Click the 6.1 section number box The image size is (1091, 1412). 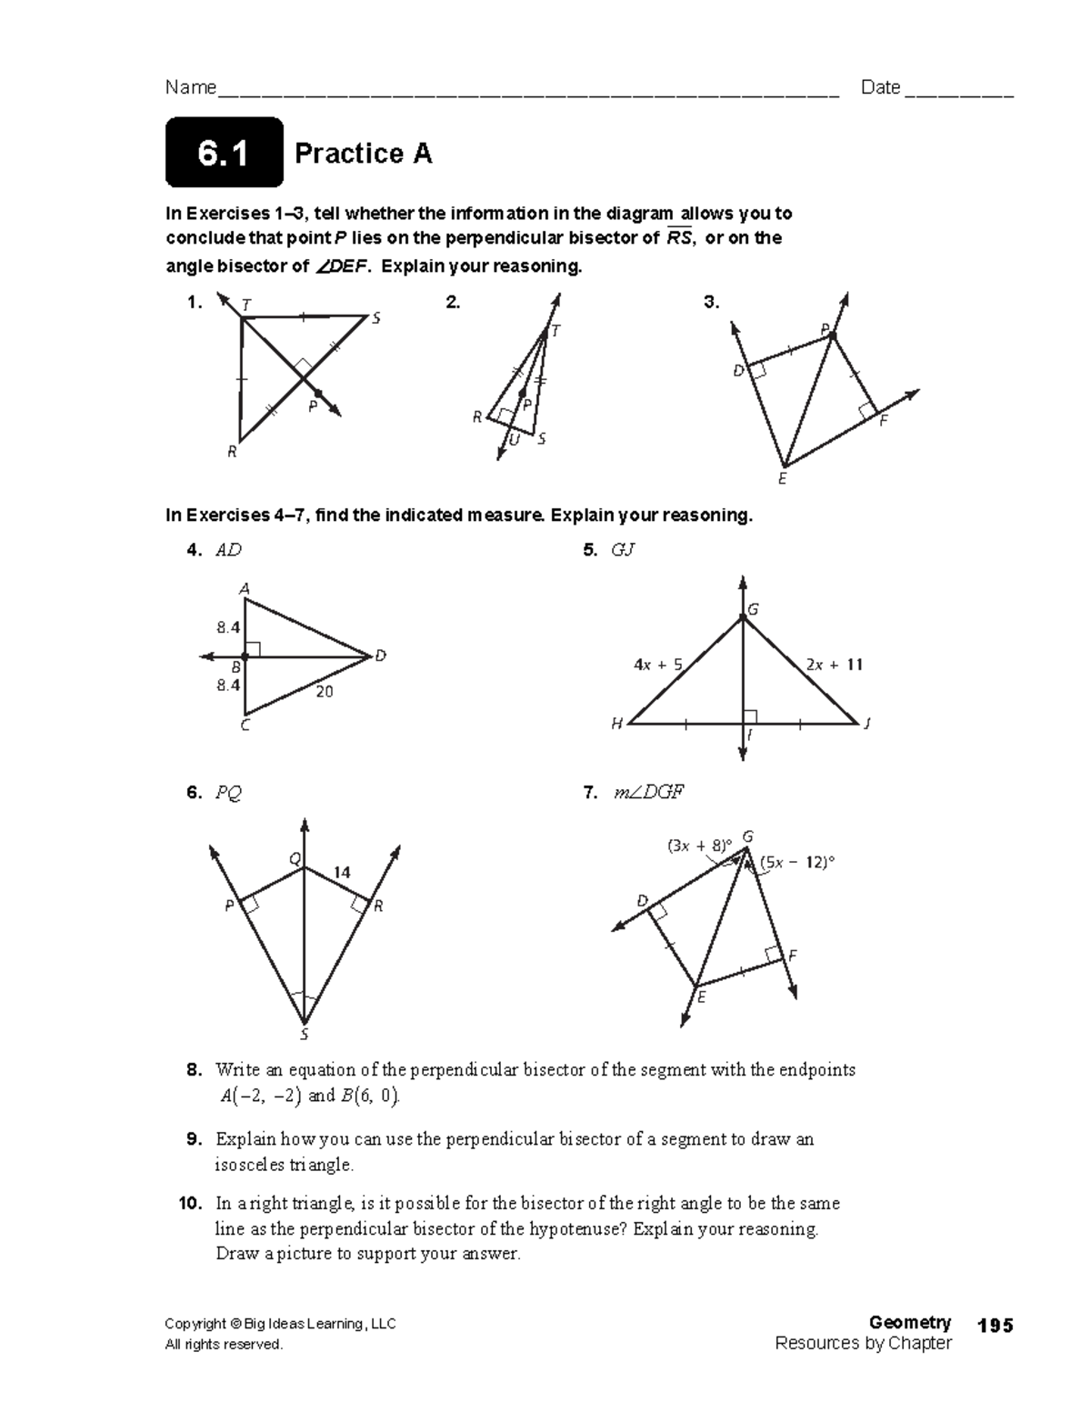[224, 153]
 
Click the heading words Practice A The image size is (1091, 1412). [363, 154]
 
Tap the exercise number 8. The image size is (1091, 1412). [194, 1069]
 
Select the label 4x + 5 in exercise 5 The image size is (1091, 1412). [657, 665]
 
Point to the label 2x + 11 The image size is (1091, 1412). [834, 665]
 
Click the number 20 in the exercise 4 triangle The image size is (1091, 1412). [325, 692]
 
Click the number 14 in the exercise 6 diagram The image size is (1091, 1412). [342, 872]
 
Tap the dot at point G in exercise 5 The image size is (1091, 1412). [743, 617]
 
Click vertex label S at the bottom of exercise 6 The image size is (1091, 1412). [305, 1035]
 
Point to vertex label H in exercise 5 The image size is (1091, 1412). [616, 725]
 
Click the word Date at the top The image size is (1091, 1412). [880, 87]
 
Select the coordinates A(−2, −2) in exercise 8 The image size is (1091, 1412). [260, 1096]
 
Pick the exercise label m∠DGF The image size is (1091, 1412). [646, 793]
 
